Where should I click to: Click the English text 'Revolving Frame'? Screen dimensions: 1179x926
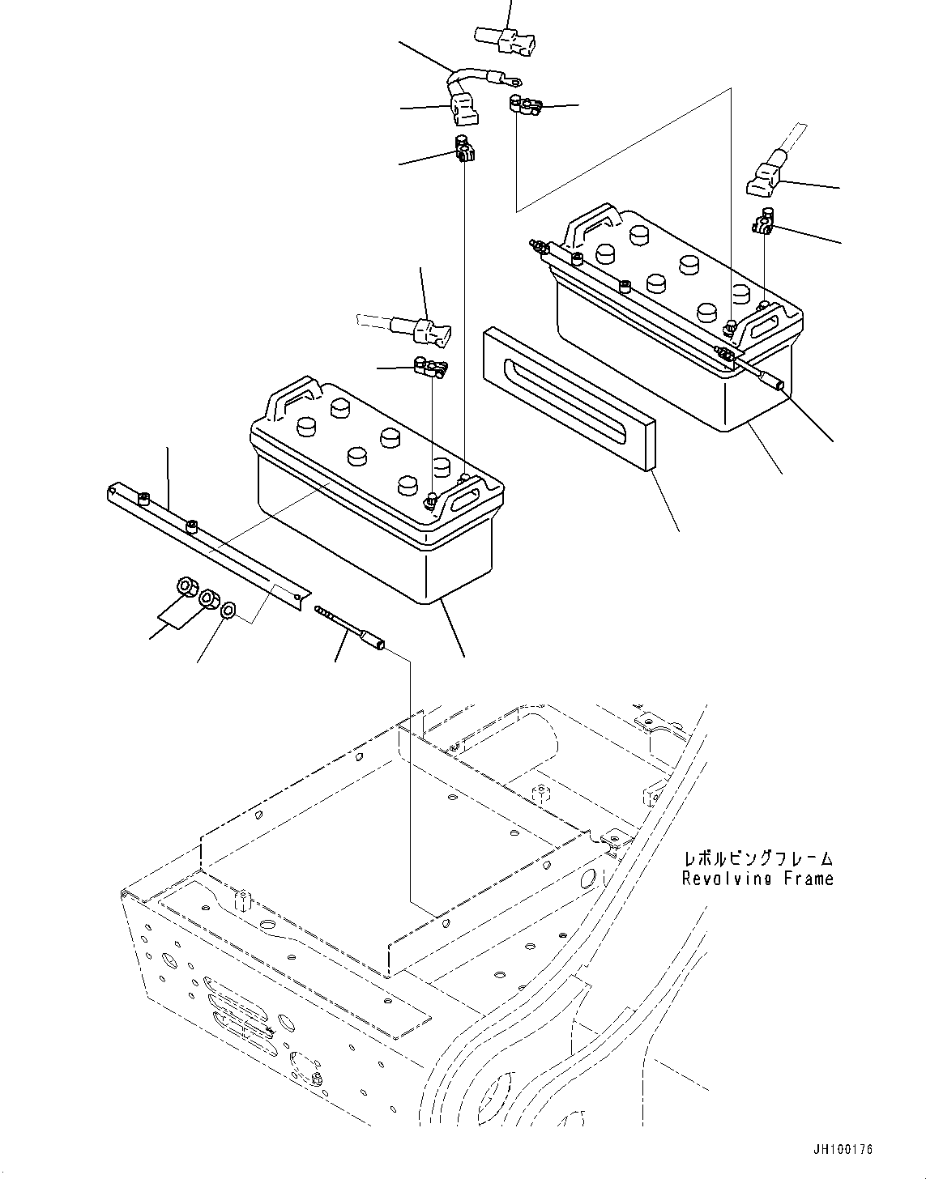pyautogui.click(x=757, y=878)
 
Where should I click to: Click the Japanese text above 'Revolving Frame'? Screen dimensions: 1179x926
pyautogui.click(x=757, y=858)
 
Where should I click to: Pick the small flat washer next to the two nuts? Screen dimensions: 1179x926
pyautogui.click(x=228, y=608)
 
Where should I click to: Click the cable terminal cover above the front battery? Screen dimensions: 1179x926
pyautogui.click(x=427, y=332)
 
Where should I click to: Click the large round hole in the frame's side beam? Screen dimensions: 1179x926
pyautogui.click(x=591, y=878)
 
